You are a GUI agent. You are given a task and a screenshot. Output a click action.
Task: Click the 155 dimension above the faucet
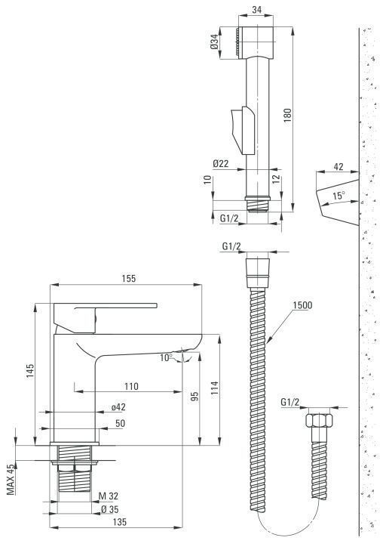pyautogui.click(x=128, y=279)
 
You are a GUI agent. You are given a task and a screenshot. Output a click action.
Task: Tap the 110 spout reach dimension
pyautogui.click(x=131, y=386)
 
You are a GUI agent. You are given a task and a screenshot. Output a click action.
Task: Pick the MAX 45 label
pyautogui.click(x=11, y=480)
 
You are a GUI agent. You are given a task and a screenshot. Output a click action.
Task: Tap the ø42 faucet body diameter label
pyautogui.click(x=118, y=407)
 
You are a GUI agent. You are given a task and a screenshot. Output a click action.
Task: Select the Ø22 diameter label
pyautogui.click(x=221, y=163)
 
